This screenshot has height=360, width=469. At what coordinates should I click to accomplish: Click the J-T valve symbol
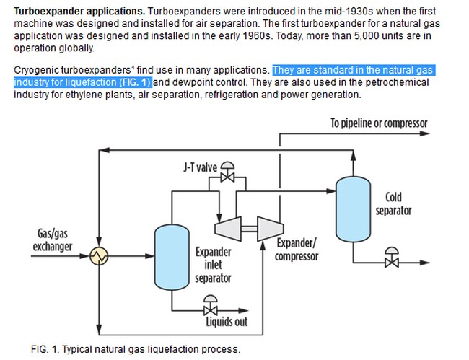click(x=229, y=173)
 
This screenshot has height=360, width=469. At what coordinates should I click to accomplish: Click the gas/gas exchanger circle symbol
click(x=98, y=255)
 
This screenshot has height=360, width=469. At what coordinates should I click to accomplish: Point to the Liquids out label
click(x=226, y=321)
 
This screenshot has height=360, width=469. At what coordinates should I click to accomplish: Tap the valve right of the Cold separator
click(x=393, y=258)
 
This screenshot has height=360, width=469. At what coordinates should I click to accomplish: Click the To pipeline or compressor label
click(x=379, y=123)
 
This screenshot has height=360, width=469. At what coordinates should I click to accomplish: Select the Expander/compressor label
click(x=296, y=250)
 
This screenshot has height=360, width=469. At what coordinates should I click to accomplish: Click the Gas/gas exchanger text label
click(x=53, y=240)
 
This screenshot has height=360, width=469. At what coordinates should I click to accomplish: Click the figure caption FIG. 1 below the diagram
click(x=135, y=349)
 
